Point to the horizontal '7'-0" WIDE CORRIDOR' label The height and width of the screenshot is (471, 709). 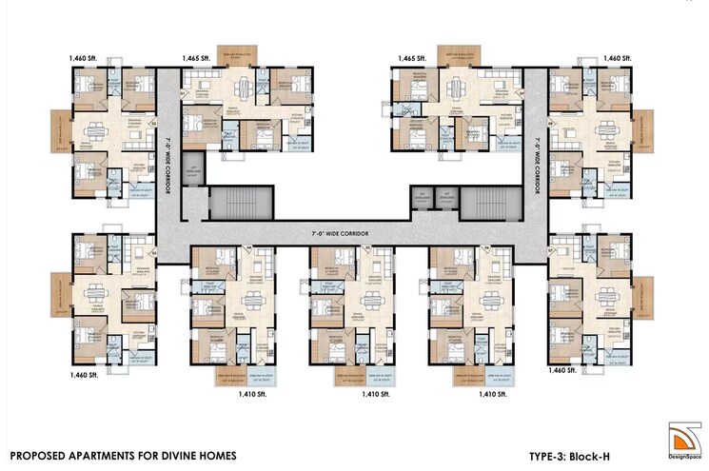click(340, 231)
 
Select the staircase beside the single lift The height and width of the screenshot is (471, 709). click(242, 202)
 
